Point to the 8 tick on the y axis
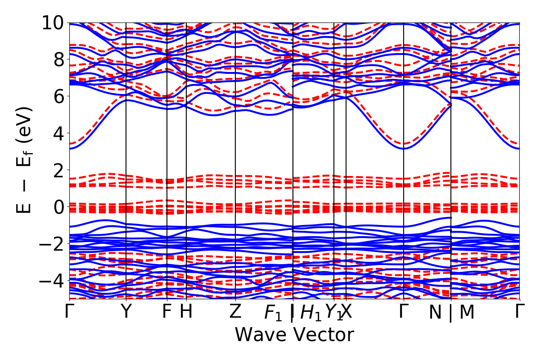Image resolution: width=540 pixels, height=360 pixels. pyautogui.click(x=58, y=59)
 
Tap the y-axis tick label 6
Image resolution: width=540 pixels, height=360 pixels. pyautogui.click(x=58, y=96)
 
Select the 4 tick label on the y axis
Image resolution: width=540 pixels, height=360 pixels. pyautogui.click(x=58, y=133)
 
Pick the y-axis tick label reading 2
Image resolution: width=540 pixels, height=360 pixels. pyautogui.click(x=58, y=170)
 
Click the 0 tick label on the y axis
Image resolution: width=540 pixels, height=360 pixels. pyautogui.click(x=58, y=207)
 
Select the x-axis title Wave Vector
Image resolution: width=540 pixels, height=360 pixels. pyautogui.click(x=294, y=335)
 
